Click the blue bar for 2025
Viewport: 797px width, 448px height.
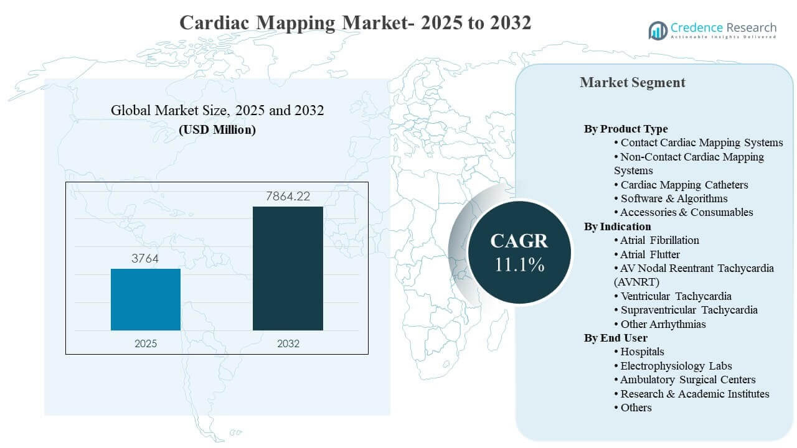[x=146, y=299]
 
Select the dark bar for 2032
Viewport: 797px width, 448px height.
[x=288, y=268]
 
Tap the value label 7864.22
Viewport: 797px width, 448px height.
[x=288, y=197]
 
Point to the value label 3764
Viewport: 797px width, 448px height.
[x=145, y=259]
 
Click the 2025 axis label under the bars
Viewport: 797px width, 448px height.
[x=146, y=343]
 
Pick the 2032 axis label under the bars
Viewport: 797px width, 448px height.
[x=288, y=343]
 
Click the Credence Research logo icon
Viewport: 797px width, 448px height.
[x=658, y=29]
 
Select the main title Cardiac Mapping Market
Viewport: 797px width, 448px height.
[x=355, y=22]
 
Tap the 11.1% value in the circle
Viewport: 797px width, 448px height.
[x=519, y=264]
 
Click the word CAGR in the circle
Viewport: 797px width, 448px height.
[x=519, y=241]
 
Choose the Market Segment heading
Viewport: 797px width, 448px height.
[x=632, y=82]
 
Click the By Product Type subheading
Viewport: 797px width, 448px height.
[x=625, y=129]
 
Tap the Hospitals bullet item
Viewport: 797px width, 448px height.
[x=641, y=352]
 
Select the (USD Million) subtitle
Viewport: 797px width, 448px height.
[x=217, y=130]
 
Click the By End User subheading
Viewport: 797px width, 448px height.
[x=615, y=338]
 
